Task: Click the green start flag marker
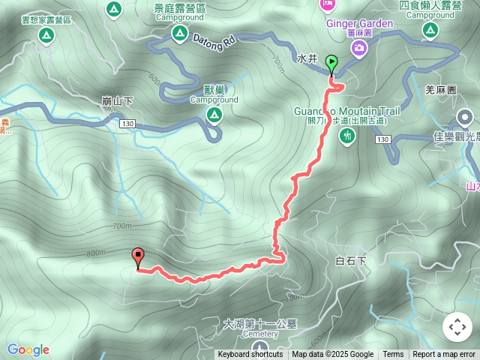pos(331,65)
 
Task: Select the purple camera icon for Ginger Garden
pos(359,49)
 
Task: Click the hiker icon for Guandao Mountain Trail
pos(346,136)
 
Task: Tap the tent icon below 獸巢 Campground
pos(214,115)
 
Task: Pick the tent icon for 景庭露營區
pos(179,32)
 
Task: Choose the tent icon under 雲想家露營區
pos(46,35)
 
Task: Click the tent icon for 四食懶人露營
pos(430,30)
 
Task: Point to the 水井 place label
pos(307,58)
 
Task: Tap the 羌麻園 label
pos(440,90)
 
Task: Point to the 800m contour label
pos(96,253)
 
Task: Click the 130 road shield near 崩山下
pos(127,124)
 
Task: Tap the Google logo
pos(28,349)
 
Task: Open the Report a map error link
pos(444,355)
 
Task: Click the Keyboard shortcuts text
pos(250,355)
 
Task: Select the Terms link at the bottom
pos(393,355)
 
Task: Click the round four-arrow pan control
pos(457,327)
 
